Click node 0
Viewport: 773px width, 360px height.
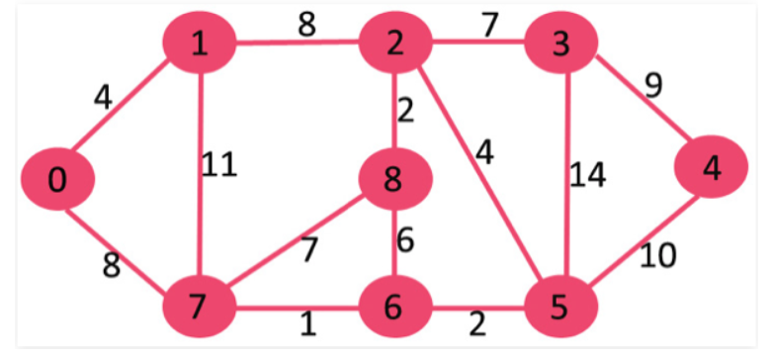click(58, 180)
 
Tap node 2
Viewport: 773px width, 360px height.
click(396, 43)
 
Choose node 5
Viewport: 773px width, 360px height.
click(560, 308)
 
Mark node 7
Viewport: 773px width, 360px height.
click(199, 308)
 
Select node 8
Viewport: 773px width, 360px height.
click(396, 180)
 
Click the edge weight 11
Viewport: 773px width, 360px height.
click(218, 164)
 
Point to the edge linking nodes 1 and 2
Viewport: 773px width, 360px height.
click(297, 43)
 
